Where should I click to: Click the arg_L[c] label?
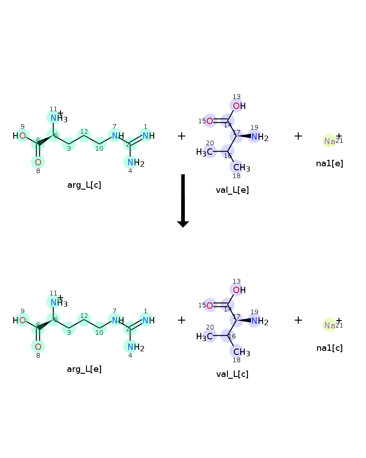point(84,185)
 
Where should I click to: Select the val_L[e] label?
point(232,190)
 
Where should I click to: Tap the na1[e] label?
point(329,164)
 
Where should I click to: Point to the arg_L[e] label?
point(84,369)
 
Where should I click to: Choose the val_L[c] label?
point(232,374)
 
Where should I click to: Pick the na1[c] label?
point(329,348)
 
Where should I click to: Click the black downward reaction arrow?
point(183,201)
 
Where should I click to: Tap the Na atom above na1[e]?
point(330,141)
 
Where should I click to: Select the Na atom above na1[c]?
point(330,325)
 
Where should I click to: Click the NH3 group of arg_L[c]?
point(59,118)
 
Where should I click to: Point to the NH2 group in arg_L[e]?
point(136,347)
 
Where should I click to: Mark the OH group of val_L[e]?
point(239,106)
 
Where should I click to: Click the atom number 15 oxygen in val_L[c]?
point(210,305)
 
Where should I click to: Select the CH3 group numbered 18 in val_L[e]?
point(242,168)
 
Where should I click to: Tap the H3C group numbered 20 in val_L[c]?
point(205,337)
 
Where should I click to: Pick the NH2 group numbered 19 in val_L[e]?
point(260,136)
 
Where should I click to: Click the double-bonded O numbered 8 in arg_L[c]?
point(38,162)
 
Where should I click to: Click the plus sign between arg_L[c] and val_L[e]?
point(182,136)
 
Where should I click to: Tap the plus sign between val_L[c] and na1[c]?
point(298,320)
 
